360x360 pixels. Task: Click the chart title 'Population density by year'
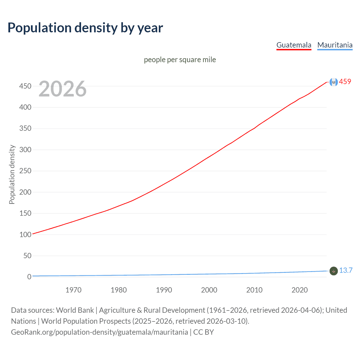(x=85, y=28)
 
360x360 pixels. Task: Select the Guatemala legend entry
(x=294, y=45)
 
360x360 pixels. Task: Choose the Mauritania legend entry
(x=335, y=45)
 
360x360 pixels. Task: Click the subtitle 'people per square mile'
(x=180, y=60)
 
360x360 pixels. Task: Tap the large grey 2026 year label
(x=62, y=89)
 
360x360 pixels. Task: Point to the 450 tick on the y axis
(x=25, y=86)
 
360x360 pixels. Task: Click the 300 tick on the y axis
(x=25, y=150)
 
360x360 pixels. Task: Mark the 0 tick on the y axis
(x=29, y=277)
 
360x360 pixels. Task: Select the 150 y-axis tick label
(x=25, y=213)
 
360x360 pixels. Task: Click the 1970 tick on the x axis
(x=73, y=290)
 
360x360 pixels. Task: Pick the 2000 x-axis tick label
(x=209, y=290)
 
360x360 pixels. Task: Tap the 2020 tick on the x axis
(x=300, y=290)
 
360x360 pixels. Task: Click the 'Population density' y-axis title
(x=12, y=174)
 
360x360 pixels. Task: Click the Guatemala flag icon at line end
(x=334, y=82)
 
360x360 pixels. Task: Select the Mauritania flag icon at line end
(x=334, y=271)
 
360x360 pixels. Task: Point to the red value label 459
(x=345, y=82)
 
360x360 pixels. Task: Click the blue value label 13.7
(x=346, y=270)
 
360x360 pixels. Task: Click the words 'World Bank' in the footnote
(x=75, y=310)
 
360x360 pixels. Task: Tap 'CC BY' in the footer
(x=204, y=332)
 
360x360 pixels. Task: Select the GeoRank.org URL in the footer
(x=99, y=332)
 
